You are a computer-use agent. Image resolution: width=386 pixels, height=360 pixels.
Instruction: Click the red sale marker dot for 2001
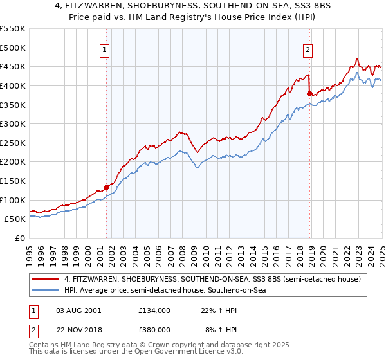[x=106, y=188]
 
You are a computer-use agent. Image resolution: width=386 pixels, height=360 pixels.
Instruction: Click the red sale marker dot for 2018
[x=309, y=94]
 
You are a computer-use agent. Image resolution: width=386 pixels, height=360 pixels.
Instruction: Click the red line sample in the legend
[x=46, y=280]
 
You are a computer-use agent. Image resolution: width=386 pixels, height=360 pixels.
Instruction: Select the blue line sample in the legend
[x=46, y=291]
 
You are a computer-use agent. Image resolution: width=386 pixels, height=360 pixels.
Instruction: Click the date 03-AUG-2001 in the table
[x=78, y=310]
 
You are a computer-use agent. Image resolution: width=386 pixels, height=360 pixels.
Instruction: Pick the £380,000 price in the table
[x=154, y=329]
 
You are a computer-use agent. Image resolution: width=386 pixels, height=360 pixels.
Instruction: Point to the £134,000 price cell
[x=154, y=310]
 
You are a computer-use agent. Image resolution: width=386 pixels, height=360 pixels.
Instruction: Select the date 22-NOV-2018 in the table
[x=79, y=329]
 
